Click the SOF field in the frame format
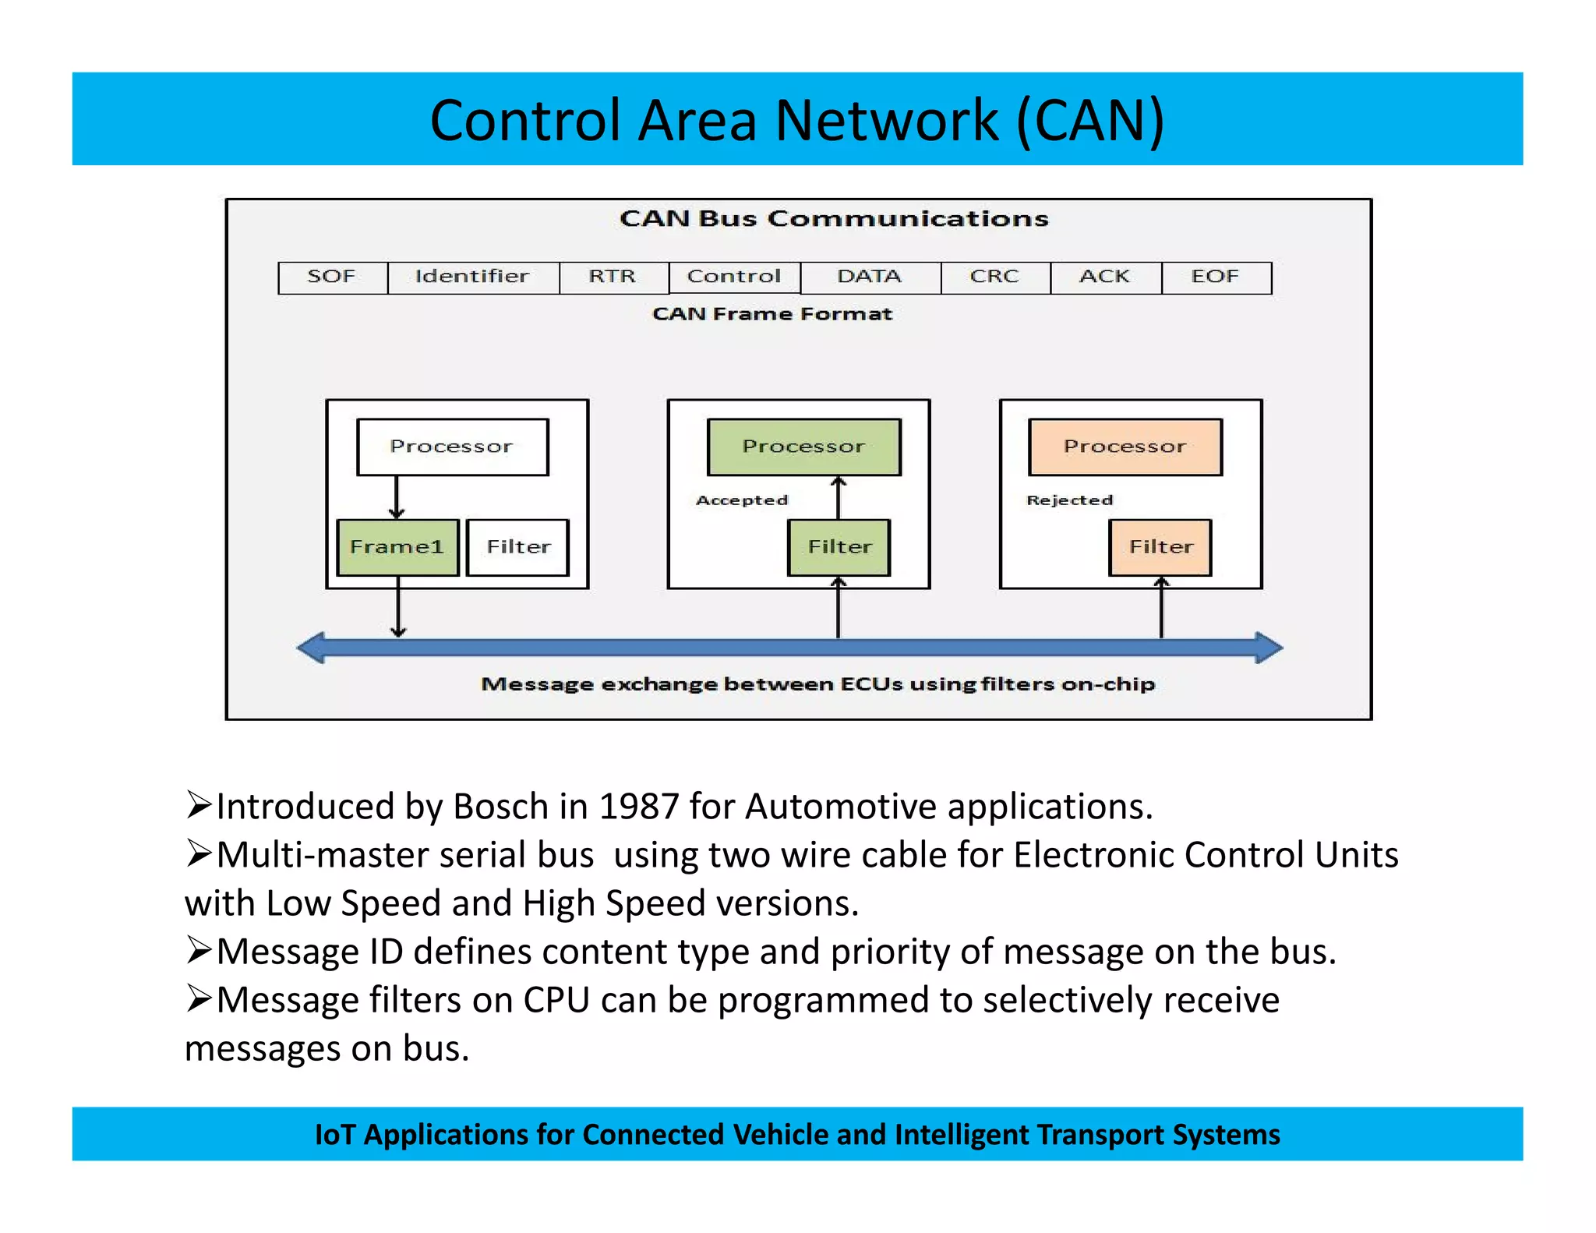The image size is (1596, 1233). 332,277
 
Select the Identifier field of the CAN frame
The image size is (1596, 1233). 472,277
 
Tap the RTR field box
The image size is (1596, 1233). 613,277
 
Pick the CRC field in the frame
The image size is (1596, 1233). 994,277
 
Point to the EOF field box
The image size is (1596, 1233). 1215,277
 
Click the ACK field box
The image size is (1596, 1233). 1104,277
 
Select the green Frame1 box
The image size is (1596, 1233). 397,547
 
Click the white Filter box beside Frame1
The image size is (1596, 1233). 518,547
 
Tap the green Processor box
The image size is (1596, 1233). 803,447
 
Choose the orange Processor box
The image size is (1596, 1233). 1125,447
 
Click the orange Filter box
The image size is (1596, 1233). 1160,547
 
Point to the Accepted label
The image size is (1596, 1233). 742,500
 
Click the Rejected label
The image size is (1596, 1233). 1069,500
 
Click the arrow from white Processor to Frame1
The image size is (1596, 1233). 397,497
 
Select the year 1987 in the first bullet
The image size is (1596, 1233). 639,807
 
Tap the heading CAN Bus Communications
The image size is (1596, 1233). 834,219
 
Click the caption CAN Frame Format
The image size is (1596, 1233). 772,314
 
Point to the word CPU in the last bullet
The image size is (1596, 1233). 556,1001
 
